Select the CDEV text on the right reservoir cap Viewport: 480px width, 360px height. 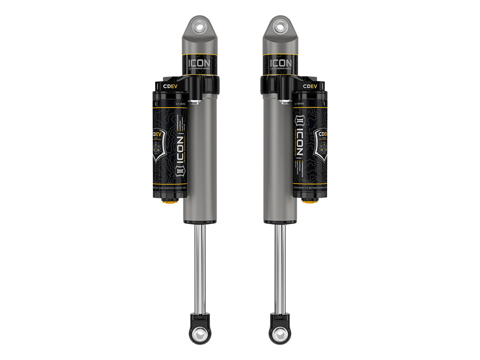tap(310, 86)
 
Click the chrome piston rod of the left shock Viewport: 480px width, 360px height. tap(200, 267)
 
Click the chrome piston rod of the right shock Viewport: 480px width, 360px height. tap(280, 267)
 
